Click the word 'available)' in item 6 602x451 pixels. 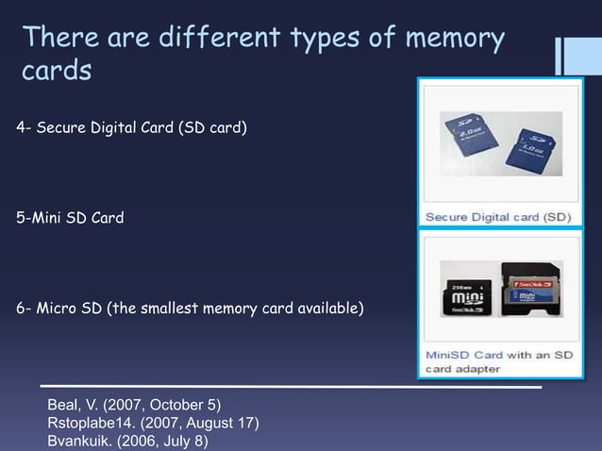(x=326, y=309)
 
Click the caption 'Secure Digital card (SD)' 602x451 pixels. (x=497, y=216)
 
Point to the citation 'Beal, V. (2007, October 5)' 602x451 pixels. (x=133, y=407)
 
